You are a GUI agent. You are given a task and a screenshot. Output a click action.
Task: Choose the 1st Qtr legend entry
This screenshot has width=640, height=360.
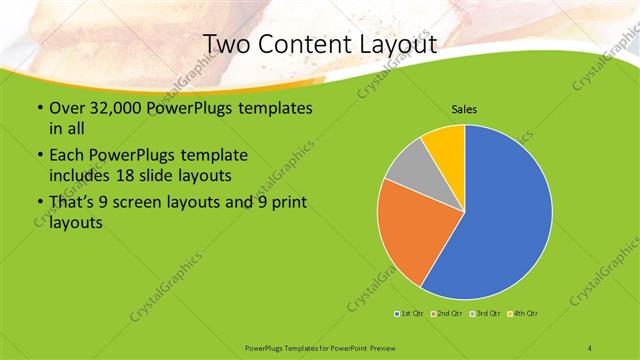(x=410, y=315)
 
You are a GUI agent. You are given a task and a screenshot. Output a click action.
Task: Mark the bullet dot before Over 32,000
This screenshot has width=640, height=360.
(x=39, y=108)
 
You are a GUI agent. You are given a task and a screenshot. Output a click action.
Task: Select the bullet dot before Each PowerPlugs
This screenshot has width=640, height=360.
(x=39, y=156)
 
